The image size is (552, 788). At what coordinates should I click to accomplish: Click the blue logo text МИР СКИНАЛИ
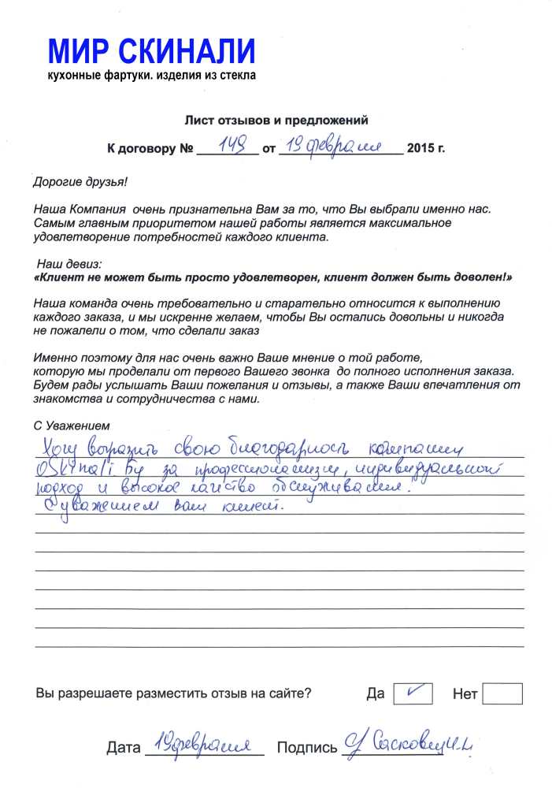click(x=152, y=52)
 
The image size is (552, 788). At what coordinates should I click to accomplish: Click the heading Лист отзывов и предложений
click(x=276, y=121)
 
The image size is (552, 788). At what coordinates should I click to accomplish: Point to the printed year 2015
click(x=424, y=148)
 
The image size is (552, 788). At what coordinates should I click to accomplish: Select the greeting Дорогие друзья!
click(x=80, y=181)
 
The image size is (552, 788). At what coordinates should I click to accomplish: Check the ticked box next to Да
click(x=413, y=693)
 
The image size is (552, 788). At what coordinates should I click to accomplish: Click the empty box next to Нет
click(x=502, y=693)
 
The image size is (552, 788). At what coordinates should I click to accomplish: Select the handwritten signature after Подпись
click(x=409, y=742)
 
